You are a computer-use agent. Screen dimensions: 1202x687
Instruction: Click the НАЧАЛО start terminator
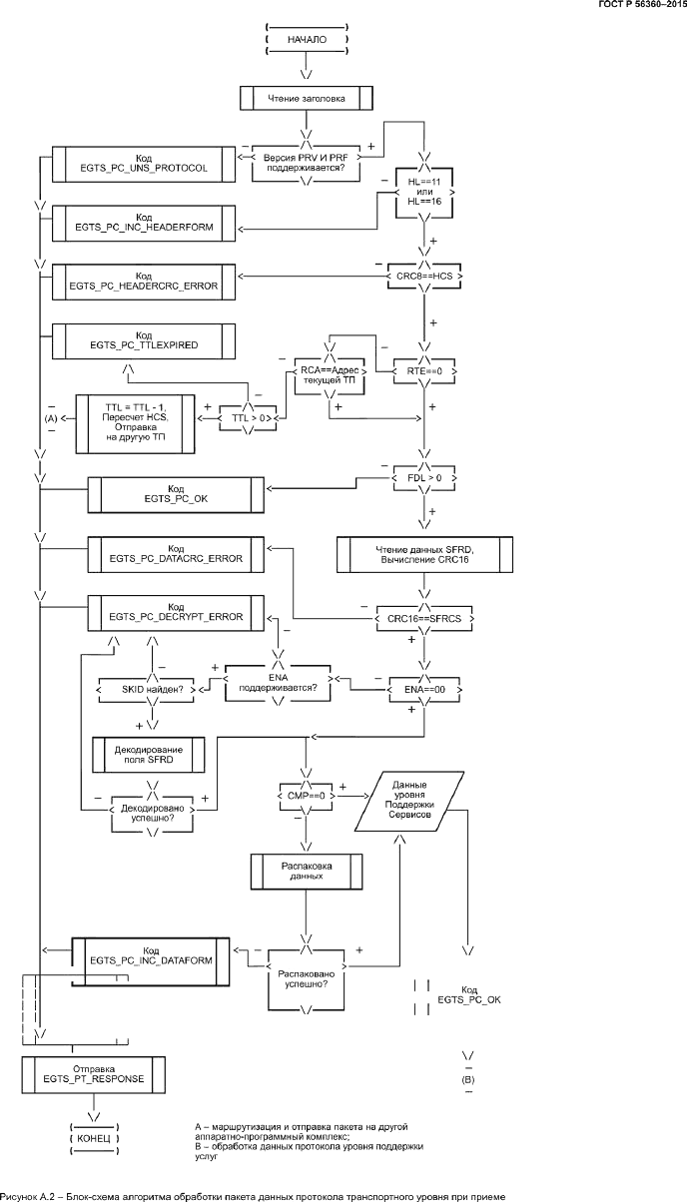click(x=307, y=41)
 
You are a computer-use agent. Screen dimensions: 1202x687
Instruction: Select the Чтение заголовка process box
click(x=307, y=98)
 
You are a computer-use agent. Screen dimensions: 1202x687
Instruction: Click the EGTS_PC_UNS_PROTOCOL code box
click(x=145, y=164)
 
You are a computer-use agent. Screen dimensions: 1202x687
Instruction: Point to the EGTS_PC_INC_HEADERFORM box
click(x=145, y=222)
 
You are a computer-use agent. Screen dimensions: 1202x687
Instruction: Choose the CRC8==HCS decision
click(x=424, y=275)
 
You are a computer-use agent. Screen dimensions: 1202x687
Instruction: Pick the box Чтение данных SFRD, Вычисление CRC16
click(x=424, y=554)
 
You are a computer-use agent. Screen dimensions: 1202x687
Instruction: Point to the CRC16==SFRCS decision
click(x=424, y=619)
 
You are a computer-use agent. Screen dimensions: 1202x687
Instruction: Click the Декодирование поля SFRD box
click(x=149, y=754)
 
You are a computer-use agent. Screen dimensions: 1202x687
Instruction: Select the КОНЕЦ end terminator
click(x=95, y=1138)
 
